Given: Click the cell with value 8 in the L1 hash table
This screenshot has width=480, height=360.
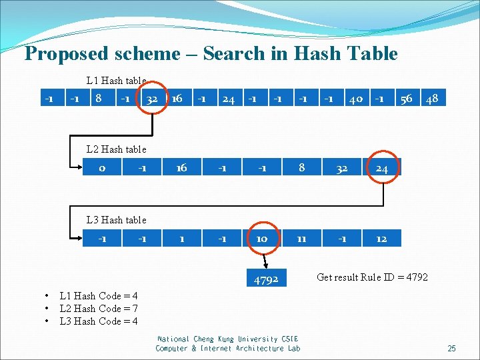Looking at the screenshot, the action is point(98,99).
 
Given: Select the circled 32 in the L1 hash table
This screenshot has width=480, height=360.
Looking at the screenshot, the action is point(152,99).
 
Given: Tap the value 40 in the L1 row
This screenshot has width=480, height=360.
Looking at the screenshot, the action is point(355,99).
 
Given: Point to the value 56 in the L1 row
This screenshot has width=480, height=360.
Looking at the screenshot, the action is point(406,99).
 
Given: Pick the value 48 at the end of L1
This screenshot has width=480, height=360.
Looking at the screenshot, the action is point(432,99).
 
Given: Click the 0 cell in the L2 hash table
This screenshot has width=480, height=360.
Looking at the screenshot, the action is point(102,168).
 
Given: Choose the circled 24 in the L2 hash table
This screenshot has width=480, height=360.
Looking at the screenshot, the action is point(381,169).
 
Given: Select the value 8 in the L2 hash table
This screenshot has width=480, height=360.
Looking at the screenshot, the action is point(302,168).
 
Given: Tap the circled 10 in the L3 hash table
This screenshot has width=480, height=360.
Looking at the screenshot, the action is point(261,238).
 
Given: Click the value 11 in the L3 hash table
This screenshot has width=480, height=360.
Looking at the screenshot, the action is point(301,238).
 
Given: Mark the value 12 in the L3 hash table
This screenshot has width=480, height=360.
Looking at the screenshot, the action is point(381,238).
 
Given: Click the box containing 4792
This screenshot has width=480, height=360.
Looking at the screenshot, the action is point(265,279).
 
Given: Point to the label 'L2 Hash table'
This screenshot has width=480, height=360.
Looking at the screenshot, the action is point(117,149).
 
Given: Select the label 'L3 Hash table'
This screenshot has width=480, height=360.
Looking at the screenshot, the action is point(117,219).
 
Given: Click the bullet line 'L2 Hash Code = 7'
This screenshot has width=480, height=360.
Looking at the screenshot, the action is point(99,309).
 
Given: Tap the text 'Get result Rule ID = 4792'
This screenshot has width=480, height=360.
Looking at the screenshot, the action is point(372,277).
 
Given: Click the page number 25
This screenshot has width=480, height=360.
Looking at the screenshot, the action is point(451,349).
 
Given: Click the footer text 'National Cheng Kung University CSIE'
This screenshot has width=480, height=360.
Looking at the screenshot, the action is point(227,339).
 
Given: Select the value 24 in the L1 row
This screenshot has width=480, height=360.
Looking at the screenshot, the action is point(228,99).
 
